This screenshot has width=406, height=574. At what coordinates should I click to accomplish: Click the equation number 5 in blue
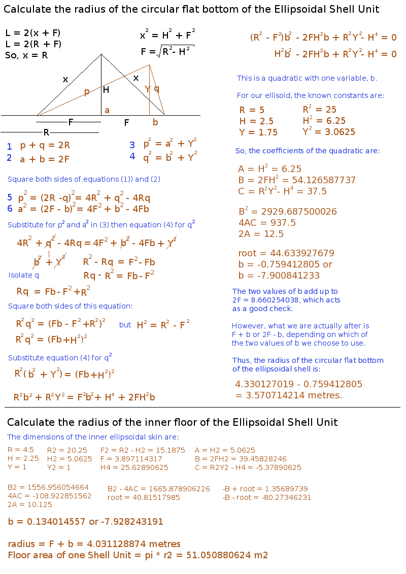[10, 197]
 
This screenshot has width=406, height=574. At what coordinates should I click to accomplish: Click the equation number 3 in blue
[132, 145]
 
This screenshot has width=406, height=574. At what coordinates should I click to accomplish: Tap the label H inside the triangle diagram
[106, 90]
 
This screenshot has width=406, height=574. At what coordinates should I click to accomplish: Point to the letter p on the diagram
[87, 92]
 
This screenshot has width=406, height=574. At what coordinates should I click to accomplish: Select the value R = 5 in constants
[252, 110]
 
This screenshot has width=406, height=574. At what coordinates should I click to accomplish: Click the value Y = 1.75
[258, 132]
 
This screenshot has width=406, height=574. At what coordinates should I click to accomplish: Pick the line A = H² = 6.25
[269, 170]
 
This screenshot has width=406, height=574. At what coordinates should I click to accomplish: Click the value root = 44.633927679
[286, 253]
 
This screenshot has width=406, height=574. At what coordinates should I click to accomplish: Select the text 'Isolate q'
[23, 275]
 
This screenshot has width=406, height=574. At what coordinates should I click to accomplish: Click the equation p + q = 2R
[45, 145]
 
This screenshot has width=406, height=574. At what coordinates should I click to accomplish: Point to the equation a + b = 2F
[44, 159]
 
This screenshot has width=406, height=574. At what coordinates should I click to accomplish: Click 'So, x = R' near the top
[26, 56]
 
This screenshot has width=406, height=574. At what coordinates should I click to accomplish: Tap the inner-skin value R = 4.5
[21, 450]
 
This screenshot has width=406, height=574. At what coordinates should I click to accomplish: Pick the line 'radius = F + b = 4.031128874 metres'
[94, 544]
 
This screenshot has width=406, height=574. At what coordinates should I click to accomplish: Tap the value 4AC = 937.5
[267, 223]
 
